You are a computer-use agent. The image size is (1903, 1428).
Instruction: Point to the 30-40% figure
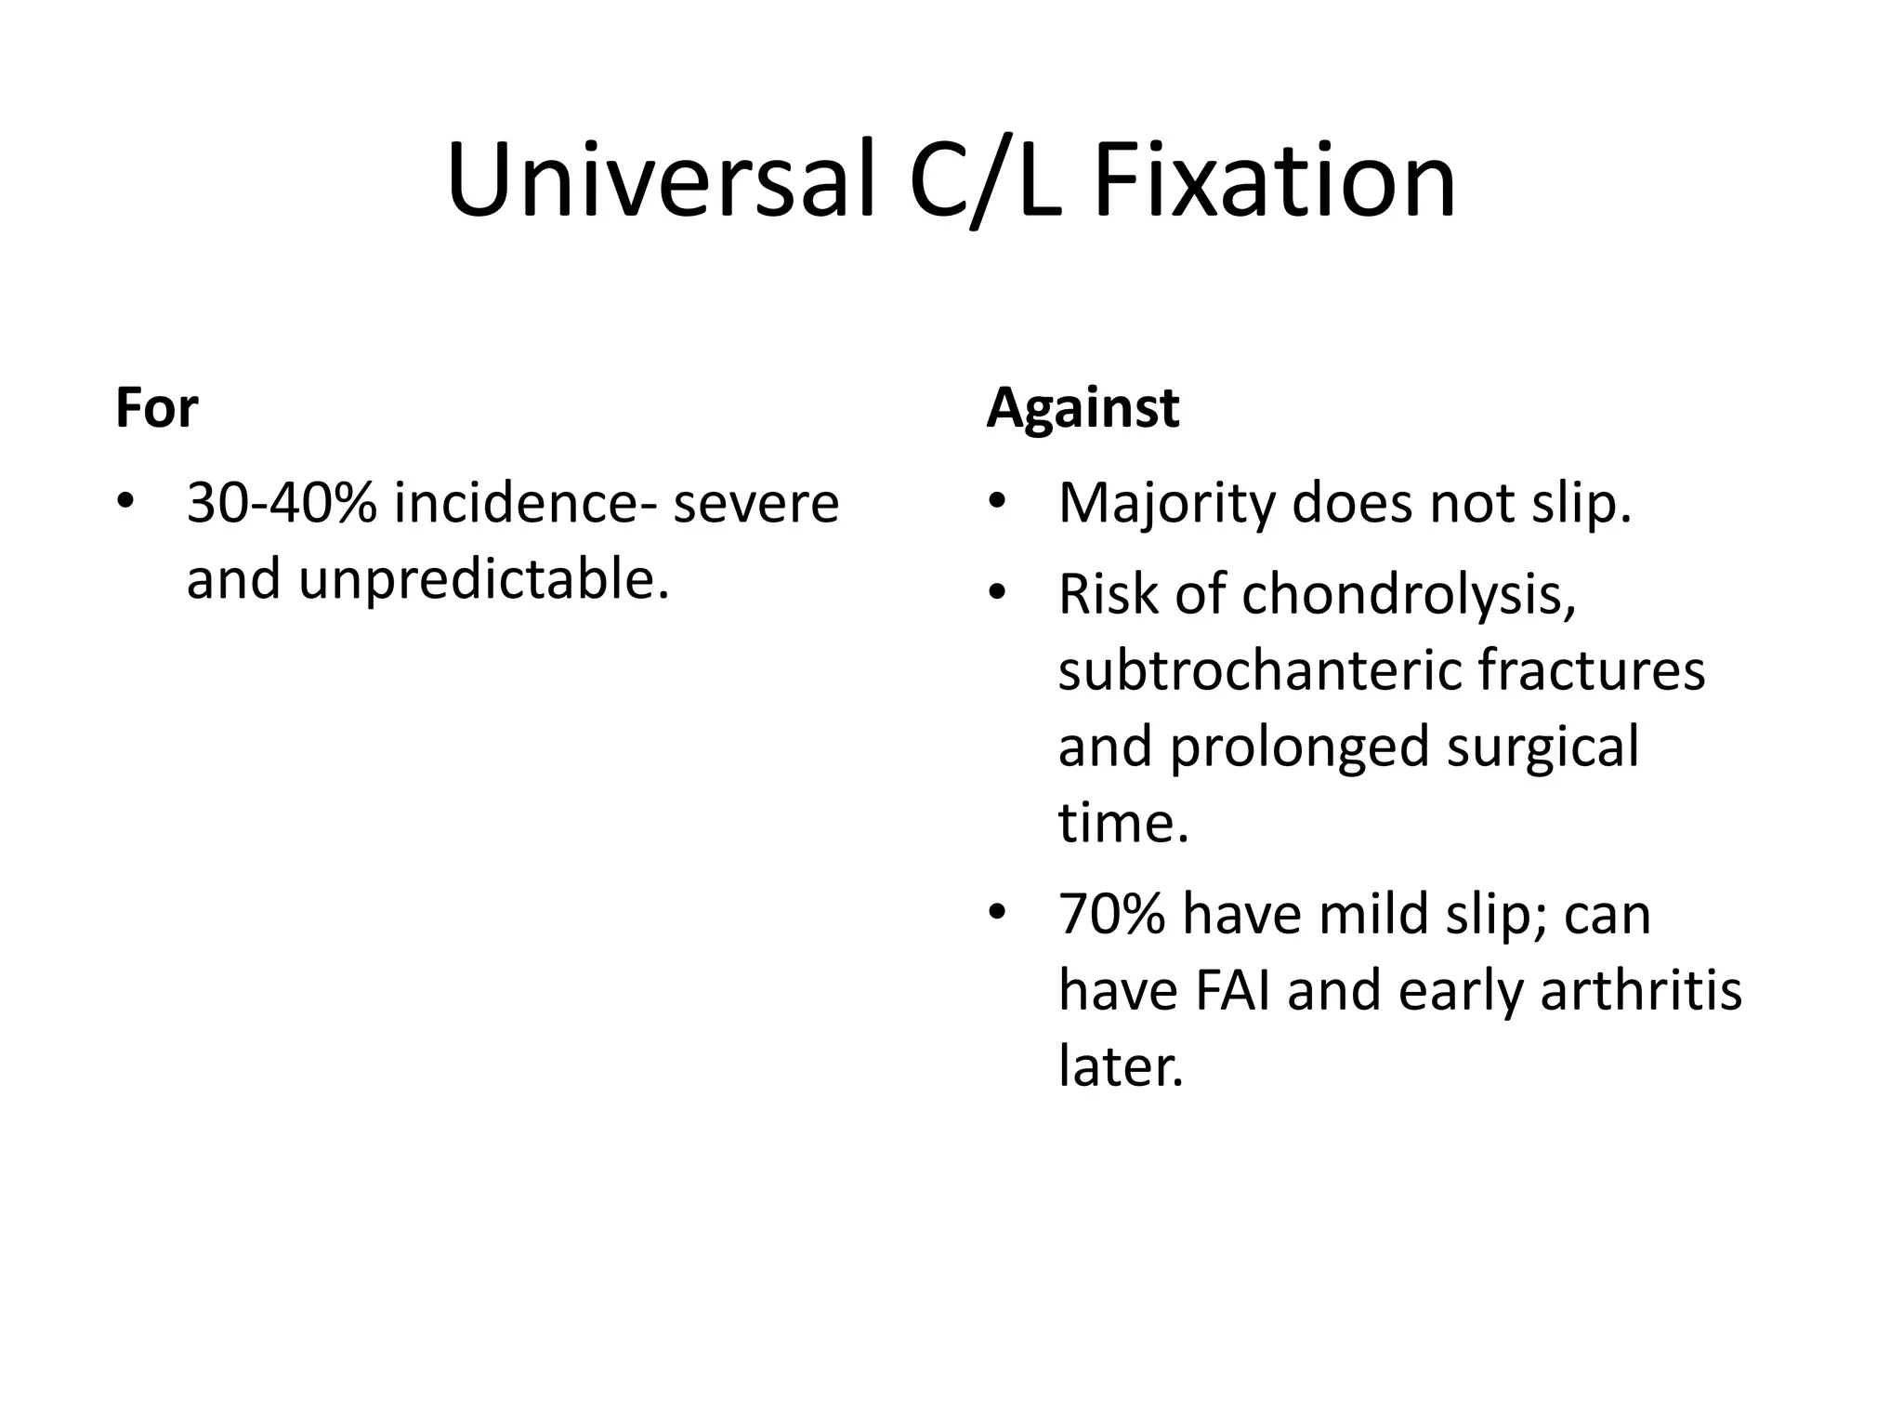(x=282, y=503)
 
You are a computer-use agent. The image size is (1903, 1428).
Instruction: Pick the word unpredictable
(x=483, y=579)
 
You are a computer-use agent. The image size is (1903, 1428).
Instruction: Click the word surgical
(x=1542, y=747)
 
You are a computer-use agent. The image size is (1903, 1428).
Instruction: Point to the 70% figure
(x=1111, y=914)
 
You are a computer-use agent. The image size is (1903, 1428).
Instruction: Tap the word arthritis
(x=1640, y=990)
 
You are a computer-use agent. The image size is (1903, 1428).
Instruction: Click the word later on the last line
(x=1121, y=1066)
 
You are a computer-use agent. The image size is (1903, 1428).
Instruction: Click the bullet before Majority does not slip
(x=998, y=503)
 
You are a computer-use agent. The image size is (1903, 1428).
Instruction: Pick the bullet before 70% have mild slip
(x=998, y=914)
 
